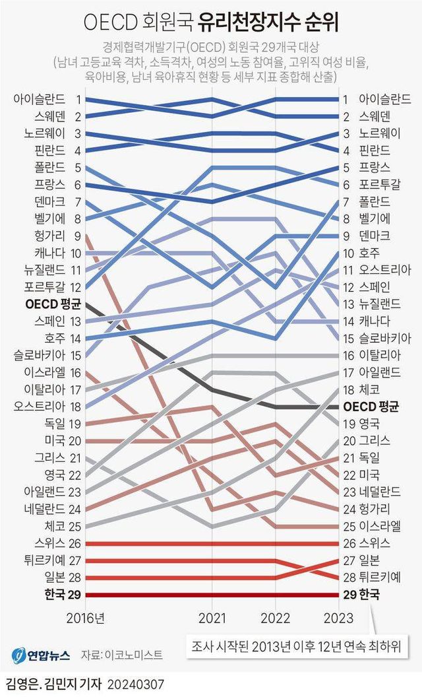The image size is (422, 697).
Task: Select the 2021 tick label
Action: [212, 618]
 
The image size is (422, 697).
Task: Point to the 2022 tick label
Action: [277, 618]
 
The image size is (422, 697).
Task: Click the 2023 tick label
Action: [340, 618]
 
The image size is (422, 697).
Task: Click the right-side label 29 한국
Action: [363, 595]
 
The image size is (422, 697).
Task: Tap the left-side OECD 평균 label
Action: [53, 304]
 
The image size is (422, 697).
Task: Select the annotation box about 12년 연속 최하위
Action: [297, 645]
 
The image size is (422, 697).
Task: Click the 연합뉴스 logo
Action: [40, 655]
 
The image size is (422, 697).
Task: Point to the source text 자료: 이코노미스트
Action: [121, 655]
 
